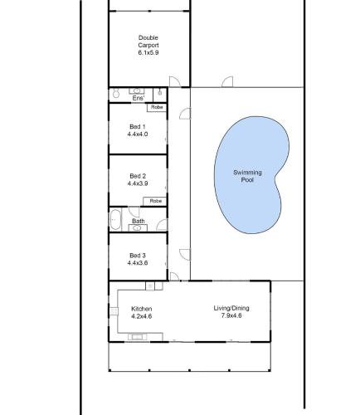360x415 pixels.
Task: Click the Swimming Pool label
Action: (x=247, y=176)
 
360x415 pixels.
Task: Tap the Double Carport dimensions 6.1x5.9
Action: (x=148, y=52)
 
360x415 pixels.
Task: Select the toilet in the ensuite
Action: (x=116, y=94)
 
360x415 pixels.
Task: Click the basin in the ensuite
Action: (x=137, y=91)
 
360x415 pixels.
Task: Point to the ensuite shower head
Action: (x=160, y=93)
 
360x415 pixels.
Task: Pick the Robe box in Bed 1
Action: (x=157, y=107)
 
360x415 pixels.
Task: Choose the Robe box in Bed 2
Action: (x=155, y=201)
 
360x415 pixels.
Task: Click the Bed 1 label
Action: (x=138, y=127)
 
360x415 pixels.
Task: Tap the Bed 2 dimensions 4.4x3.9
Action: (x=138, y=183)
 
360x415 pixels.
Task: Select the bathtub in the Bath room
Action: (x=115, y=220)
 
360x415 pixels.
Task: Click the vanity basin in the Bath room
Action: (x=138, y=228)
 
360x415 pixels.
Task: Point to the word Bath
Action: (x=139, y=221)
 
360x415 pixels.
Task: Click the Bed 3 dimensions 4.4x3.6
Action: (x=138, y=263)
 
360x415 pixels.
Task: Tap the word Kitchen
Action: (x=142, y=309)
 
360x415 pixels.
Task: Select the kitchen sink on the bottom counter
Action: (x=138, y=337)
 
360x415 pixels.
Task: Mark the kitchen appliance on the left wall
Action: (x=114, y=311)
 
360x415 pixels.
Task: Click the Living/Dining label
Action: (x=231, y=308)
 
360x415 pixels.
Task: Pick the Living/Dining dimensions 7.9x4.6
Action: (x=231, y=315)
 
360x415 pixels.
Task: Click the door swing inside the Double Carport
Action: (x=175, y=81)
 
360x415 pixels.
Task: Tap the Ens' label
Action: (x=139, y=98)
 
